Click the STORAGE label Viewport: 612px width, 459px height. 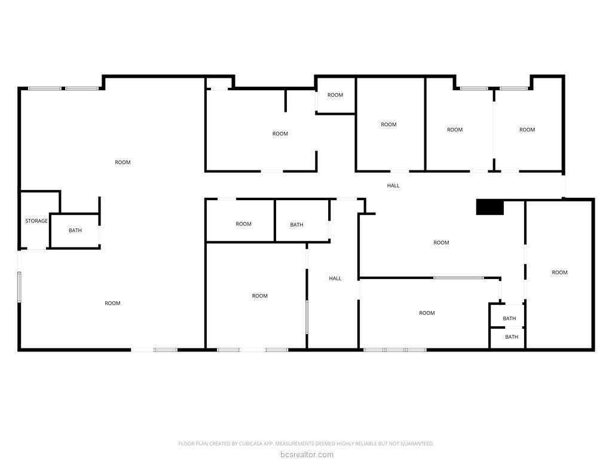36,221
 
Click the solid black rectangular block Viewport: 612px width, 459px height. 490,207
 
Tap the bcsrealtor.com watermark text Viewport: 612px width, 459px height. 307,454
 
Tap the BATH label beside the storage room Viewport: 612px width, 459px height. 75,230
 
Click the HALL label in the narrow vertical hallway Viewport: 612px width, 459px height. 335,279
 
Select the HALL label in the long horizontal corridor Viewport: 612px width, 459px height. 393,185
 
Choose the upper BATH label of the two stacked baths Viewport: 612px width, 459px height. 509,319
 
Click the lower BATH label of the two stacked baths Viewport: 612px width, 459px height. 512,337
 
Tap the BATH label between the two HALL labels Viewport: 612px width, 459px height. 296,225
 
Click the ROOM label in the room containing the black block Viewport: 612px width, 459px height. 441,243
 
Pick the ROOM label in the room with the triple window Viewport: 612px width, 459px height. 427,313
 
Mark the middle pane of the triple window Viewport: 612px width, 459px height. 395,350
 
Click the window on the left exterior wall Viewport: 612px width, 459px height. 19,287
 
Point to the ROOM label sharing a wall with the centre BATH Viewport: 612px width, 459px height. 244,224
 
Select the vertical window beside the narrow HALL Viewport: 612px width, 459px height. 307,317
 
